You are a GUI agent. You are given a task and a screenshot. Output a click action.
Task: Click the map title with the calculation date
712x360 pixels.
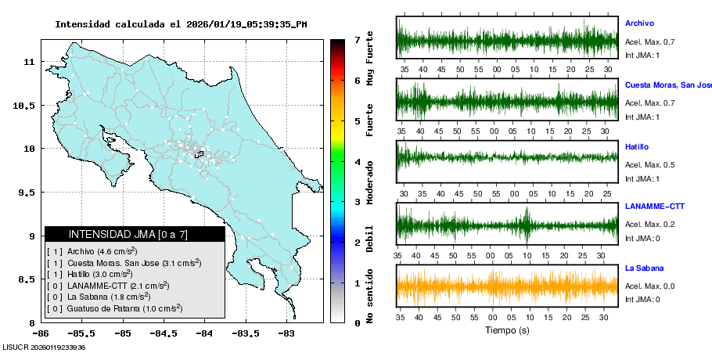(x=181, y=24)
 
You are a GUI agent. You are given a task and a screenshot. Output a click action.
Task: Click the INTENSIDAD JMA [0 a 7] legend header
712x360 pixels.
(x=128, y=234)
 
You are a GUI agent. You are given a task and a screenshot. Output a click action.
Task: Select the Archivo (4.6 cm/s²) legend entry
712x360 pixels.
(x=92, y=251)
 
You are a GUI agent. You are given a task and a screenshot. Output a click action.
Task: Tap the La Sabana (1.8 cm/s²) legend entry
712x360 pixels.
(x=99, y=297)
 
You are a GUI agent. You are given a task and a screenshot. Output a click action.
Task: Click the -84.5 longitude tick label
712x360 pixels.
(x=164, y=333)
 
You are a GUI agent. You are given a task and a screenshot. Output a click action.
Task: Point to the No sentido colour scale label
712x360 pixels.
(x=369, y=297)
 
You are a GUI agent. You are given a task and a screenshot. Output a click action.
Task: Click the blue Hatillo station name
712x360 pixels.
(x=637, y=147)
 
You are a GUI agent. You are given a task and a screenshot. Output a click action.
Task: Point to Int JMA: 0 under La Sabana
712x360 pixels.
(x=642, y=299)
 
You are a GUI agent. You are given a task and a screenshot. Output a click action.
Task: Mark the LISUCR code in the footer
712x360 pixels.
(x=44, y=347)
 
